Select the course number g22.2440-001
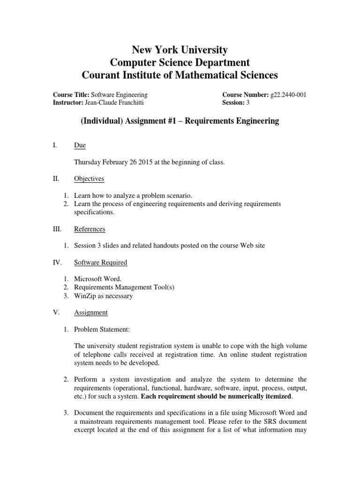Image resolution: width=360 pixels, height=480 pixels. [x=288, y=94]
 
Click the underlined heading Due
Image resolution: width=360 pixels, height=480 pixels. [x=80, y=146]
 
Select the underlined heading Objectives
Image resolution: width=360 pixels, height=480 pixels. [x=89, y=179]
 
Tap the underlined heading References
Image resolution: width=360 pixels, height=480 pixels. [x=90, y=229]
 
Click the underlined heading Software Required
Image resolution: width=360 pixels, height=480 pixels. [x=100, y=262]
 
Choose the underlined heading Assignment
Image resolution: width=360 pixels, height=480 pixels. [x=90, y=312]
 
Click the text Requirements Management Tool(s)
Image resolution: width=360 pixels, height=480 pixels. [x=124, y=287]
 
